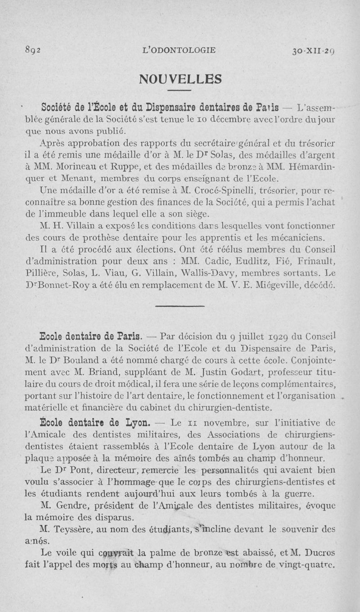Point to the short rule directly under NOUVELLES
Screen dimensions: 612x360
tap(180, 94)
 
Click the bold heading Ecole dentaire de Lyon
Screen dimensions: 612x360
tap(94, 423)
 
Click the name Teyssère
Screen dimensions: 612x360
tap(75, 530)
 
